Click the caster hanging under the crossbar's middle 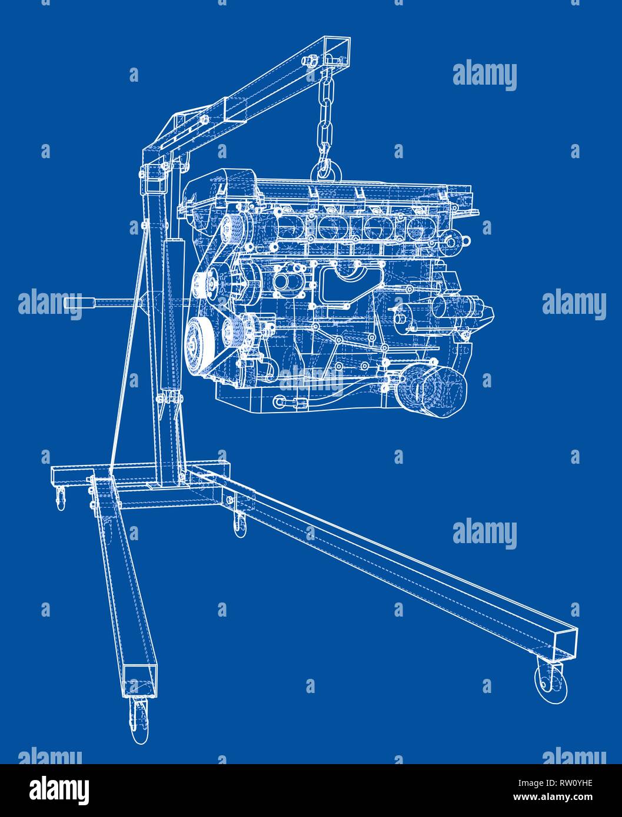pos(238,524)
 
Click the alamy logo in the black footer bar pos(60,789)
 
